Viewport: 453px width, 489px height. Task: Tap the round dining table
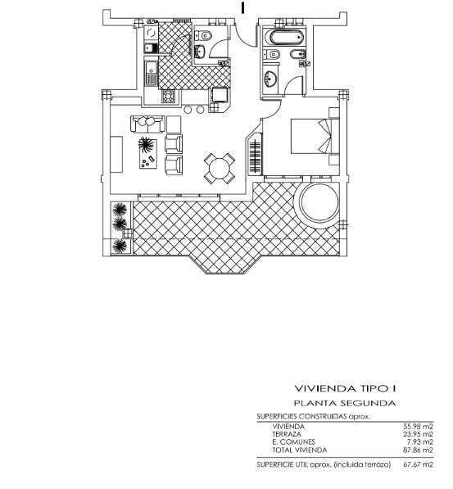[220, 169]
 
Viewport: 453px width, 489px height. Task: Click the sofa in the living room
[147, 124]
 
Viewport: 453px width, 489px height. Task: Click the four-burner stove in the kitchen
[168, 96]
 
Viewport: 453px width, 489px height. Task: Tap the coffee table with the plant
[148, 154]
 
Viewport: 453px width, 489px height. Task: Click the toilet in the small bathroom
[204, 35]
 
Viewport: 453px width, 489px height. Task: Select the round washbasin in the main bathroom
[270, 79]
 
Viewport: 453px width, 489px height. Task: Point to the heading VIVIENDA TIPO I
[345, 388]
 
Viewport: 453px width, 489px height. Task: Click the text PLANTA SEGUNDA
[345, 403]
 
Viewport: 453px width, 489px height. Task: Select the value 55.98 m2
[418, 427]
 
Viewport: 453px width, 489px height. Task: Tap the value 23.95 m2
[418, 434]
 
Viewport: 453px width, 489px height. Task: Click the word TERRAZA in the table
[287, 434]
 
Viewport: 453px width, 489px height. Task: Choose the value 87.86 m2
[418, 450]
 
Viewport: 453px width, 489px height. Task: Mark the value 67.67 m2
[418, 464]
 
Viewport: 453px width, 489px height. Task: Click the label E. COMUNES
[293, 442]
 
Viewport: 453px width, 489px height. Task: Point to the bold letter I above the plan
[242, 8]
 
